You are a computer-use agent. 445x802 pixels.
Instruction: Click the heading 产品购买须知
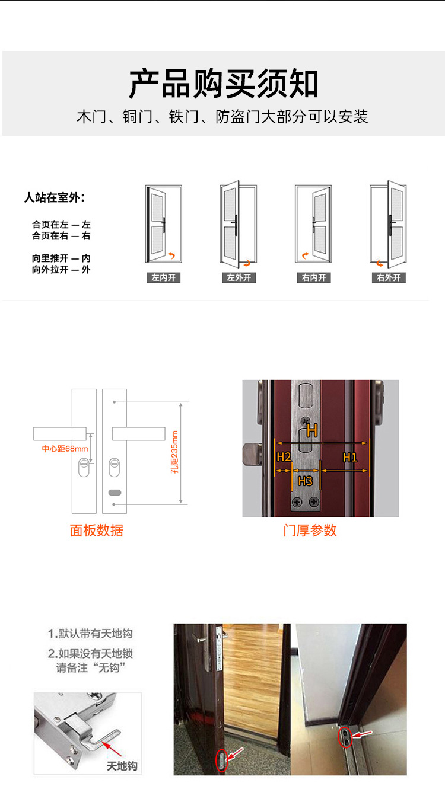point(223,84)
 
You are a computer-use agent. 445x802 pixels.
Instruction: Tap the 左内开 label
point(163,277)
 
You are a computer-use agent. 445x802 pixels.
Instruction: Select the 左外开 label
point(239,277)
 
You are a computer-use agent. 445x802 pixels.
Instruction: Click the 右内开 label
point(314,277)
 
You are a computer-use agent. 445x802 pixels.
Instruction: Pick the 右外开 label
point(389,277)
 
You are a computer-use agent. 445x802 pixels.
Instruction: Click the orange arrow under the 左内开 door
point(171,255)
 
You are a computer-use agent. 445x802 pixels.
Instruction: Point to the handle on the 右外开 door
point(391,225)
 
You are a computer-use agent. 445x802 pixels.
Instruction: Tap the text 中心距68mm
point(65,449)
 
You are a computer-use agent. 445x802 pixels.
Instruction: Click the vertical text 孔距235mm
point(174,452)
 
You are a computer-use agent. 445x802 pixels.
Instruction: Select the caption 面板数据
point(96,531)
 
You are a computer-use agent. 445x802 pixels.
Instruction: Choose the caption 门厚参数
point(310,531)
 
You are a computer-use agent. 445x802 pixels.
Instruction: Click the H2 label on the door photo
point(284,457)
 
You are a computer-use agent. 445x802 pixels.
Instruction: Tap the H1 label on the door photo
point(349,457)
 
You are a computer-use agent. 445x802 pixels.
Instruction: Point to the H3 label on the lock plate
point(305,481)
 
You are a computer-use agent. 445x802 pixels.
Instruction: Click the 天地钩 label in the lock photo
point(122,766)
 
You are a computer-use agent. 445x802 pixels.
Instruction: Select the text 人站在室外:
point(55,197)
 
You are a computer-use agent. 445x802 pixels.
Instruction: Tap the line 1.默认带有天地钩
point(90,634)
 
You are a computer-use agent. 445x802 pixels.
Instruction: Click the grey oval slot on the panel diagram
point(115,493)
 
